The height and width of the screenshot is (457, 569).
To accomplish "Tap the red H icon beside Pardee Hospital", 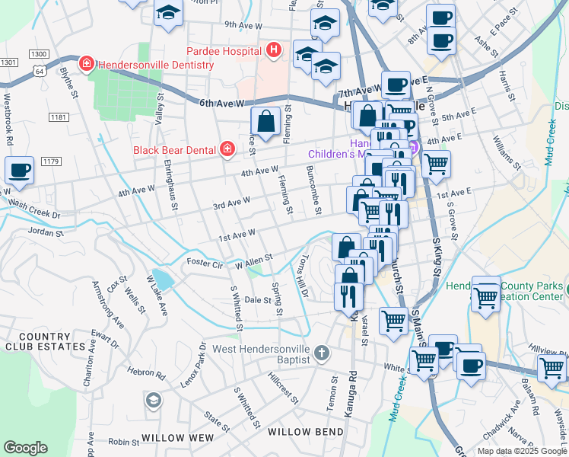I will click(x=273, y=50).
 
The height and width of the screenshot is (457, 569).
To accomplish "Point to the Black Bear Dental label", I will click(x=174, y=149).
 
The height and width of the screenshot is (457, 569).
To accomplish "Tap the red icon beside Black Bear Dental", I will click(x=227, y=149).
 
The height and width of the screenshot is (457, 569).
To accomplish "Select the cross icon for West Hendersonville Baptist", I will click(x=322, y=352).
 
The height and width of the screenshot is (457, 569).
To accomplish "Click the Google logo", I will click(x=26, y=448).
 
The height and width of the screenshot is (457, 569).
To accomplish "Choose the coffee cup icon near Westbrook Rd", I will click(x=20, y=171).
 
